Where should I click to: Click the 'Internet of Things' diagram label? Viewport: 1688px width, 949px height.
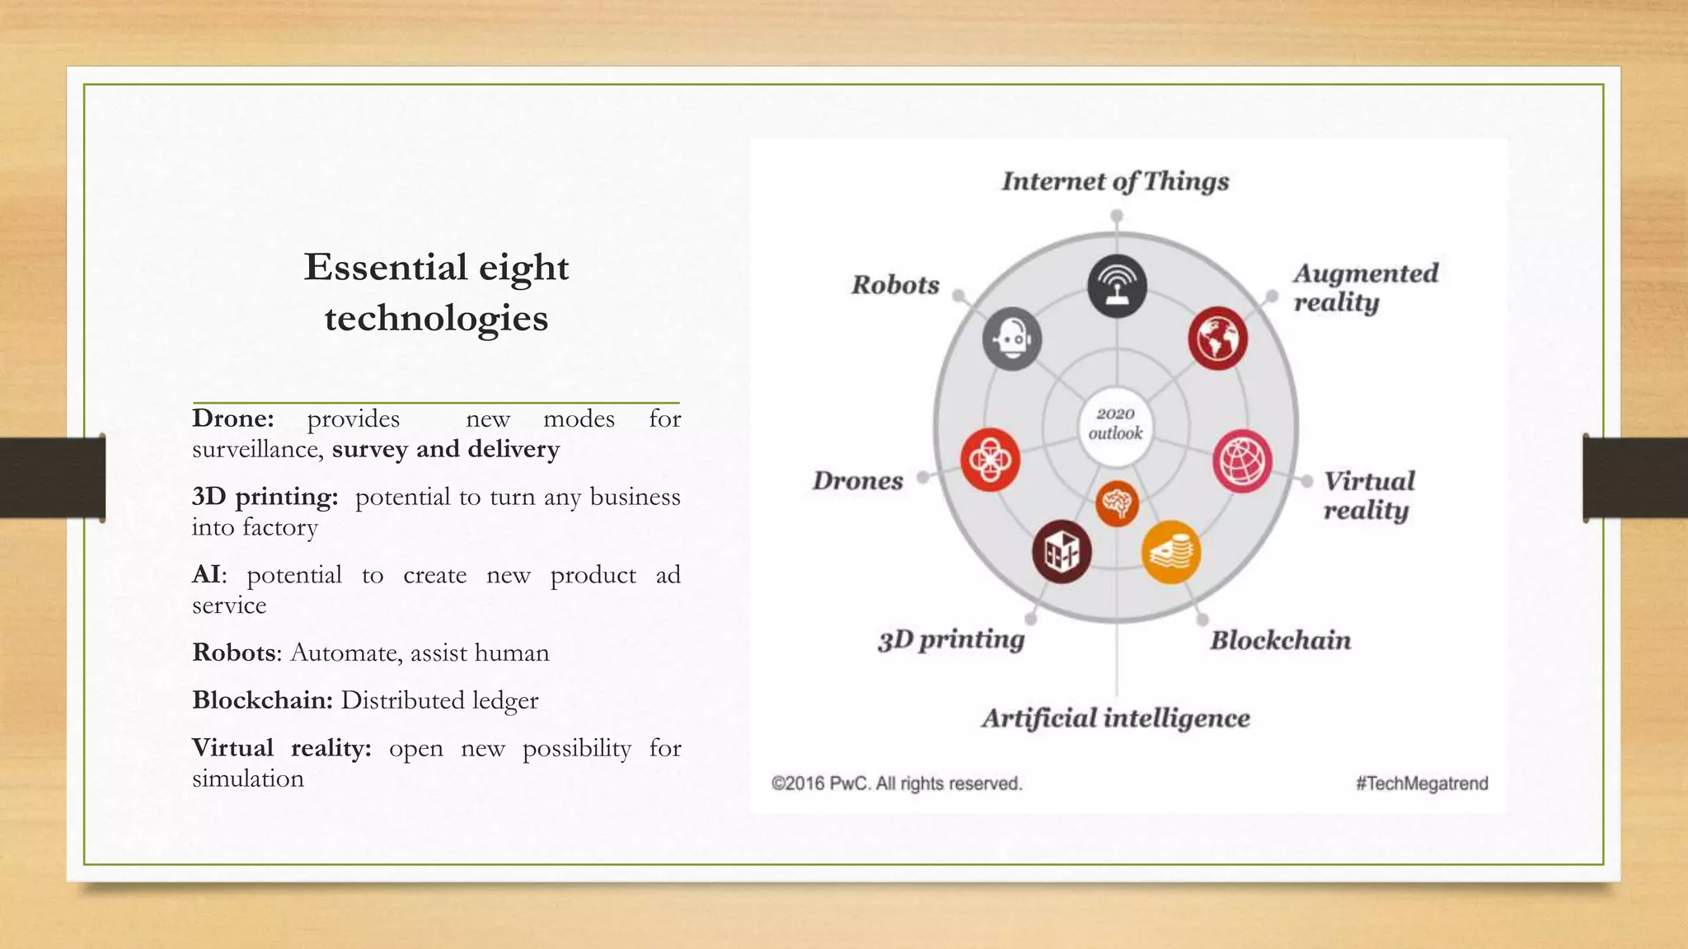click(1115, 182)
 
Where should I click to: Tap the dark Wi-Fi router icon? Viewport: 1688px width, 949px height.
click(1117, 286)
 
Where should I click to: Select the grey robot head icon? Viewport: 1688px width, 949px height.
click(1012, 339)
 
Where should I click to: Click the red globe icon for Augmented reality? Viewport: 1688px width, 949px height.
click(1217, 339)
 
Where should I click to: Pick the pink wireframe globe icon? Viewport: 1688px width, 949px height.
click(1242, 460)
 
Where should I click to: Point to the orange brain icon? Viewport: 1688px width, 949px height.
click(1117, 503)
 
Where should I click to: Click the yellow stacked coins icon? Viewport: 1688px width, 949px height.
click(1170, 552)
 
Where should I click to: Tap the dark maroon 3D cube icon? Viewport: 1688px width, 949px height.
click(1062, 552)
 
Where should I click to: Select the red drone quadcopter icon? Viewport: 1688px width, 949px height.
click(990, 460)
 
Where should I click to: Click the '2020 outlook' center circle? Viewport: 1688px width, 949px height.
click(1115, 423)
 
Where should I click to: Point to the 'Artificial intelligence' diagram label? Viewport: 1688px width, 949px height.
click(1115, 718)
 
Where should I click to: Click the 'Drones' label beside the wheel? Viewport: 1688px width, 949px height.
click(858, 481)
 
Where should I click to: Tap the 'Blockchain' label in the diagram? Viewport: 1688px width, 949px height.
click(1280, 641)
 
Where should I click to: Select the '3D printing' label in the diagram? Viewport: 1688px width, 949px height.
click(951, 640)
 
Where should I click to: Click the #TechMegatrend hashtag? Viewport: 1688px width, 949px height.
click(1422, 783)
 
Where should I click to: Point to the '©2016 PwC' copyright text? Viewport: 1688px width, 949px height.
click(897, 783)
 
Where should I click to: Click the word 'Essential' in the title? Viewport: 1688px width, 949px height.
click(385, 268)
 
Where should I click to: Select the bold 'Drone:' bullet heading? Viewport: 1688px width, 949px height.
click(233, 419)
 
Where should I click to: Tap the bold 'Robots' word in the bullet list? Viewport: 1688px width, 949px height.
click(233, 653)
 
